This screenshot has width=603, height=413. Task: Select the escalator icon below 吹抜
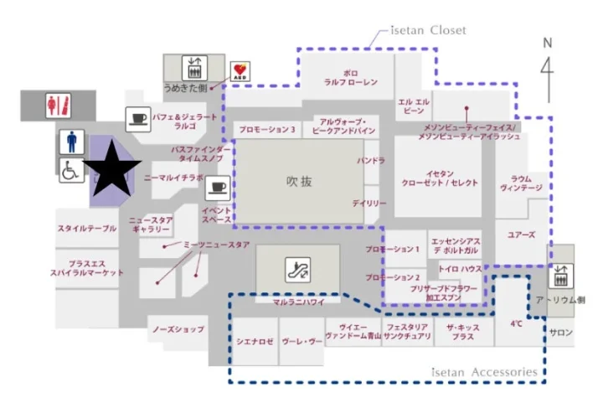[x=297, y=269]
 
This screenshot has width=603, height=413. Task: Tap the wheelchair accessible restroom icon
[x=70, y=171]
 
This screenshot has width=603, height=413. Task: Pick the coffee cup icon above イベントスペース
[x=218, y=186]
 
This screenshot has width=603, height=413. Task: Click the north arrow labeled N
[x=548, y=63]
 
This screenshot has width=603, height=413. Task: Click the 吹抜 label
[x=298, y=180]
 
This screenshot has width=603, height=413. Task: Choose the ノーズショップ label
[x=178, y=329]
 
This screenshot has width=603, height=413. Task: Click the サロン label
[x=561, y=332]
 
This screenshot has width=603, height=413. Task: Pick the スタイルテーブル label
[x=87, y=229]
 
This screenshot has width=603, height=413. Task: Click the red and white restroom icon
[x=58, y=106]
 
